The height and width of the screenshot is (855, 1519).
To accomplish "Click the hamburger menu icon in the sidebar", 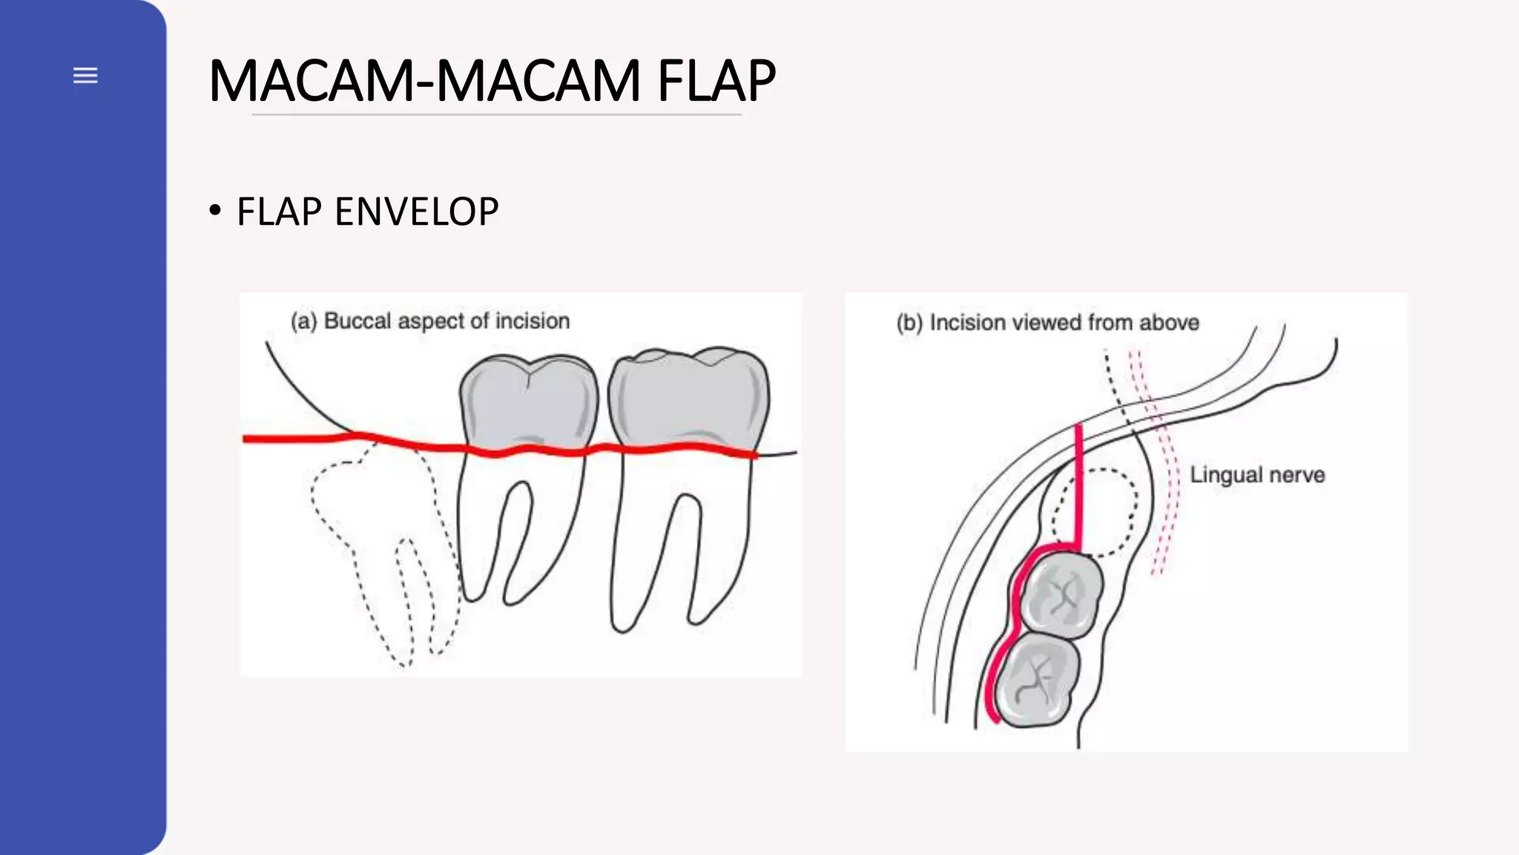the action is (85, 75).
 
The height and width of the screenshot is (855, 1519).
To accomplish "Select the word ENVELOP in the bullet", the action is (417, 212).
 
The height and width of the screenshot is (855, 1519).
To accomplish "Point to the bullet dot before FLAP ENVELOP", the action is (215, 211).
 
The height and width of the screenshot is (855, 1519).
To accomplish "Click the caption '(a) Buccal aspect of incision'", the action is (430, 321).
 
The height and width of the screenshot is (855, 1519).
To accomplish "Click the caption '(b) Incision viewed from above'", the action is (1048, 323).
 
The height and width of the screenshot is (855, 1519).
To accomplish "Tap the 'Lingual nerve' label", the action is (1257, 475).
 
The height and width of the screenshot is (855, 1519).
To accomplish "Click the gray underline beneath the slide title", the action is (496, 114).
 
